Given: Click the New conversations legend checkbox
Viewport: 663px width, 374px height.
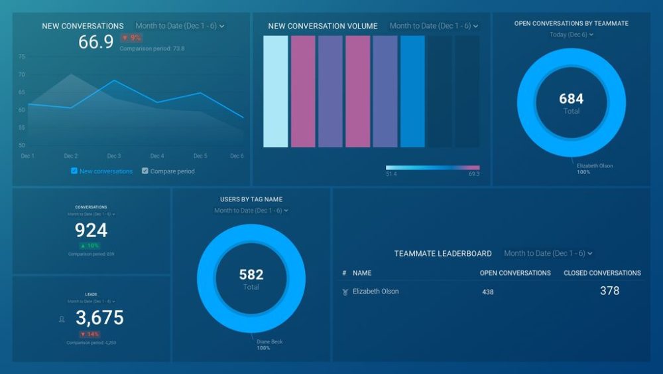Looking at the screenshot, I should (74, 171).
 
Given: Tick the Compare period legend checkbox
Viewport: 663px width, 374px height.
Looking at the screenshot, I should (145, 171).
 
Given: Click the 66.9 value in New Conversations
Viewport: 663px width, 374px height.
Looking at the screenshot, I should (96, 42).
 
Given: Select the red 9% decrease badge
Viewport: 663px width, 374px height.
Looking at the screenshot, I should (131, 39).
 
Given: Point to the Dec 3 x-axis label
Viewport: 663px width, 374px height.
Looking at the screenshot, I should (113, 156).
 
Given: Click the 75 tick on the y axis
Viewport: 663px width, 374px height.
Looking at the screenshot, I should (22, 57).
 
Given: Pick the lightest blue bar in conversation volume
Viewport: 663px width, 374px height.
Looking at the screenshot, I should (276, 91).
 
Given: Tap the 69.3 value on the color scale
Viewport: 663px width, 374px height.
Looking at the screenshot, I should (473, 174).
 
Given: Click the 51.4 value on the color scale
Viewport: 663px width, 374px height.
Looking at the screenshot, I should (391, 174).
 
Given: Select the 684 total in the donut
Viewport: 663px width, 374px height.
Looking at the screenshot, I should (571, 99).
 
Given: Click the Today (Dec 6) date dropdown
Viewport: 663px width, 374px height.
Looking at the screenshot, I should (571, 35).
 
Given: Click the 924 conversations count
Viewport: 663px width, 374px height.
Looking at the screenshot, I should (91, 231).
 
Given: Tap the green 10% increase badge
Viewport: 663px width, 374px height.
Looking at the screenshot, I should (91, 246).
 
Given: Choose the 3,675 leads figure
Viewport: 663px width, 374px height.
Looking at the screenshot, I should (99, 318).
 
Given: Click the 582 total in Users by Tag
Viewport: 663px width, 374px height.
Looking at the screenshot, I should (251, 274).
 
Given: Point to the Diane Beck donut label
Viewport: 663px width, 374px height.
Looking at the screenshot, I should (270, 341).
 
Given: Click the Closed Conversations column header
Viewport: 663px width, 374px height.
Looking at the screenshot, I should (602, 273).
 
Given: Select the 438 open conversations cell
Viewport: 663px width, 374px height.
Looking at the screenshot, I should (488, 292).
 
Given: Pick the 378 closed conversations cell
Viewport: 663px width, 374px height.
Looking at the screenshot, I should (609, 291).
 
